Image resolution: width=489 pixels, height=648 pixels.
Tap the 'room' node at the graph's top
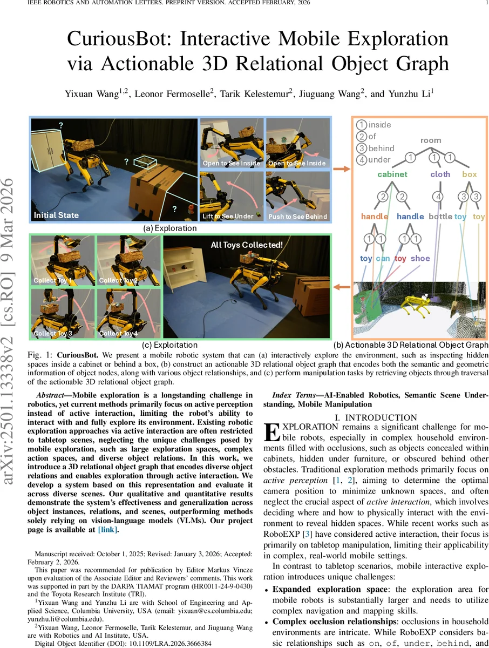click(431, 140)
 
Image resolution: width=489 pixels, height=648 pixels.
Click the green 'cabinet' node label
click(392, 174)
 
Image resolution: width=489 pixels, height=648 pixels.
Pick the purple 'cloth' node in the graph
click(440, 174)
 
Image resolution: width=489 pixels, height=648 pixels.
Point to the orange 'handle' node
click(375, 217)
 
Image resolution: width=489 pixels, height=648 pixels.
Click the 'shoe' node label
click(420, 258)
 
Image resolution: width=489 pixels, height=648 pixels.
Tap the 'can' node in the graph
click(383, 258)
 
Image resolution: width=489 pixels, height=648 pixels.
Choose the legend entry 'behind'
click(381, 148)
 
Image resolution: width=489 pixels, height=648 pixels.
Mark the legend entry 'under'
click(379, 160)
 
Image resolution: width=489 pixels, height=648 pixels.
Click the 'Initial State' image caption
click(56, 215)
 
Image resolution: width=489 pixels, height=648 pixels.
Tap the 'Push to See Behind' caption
click(297, 217)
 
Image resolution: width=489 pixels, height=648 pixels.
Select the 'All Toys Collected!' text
click(246, 245)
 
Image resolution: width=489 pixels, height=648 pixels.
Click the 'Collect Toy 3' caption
click(53, 333)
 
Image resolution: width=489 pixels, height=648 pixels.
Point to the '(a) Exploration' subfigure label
click(169, 228)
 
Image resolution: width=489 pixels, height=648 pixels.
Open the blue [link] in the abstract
click(107, 530)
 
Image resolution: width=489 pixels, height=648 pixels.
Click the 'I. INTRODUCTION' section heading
click(376, 417)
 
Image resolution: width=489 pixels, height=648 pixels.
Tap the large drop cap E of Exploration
click(273, 433)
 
